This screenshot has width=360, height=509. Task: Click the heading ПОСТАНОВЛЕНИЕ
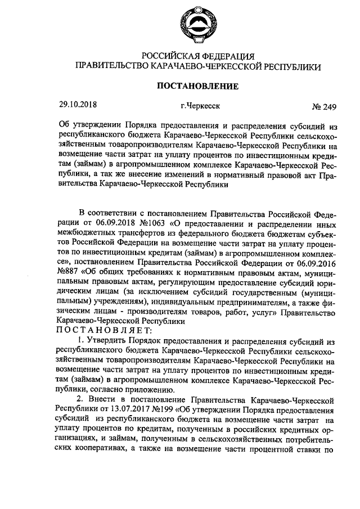[193, 86]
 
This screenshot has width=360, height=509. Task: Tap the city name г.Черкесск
[200, 105]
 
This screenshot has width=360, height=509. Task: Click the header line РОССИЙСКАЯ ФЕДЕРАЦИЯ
[199, 56]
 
